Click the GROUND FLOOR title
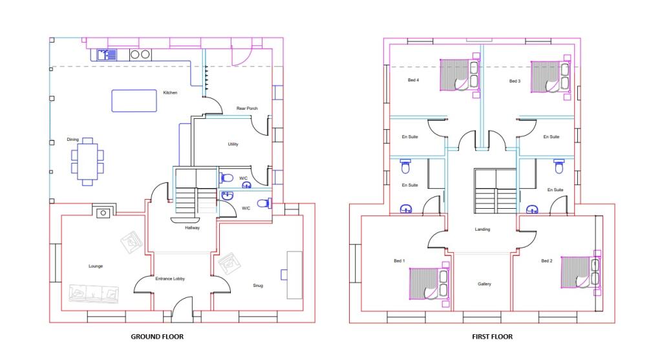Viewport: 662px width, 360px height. pos(157,337)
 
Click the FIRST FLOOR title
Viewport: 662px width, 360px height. pos(492,337)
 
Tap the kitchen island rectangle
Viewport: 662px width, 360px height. pos(134,101)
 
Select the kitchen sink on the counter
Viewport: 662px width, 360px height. pos(107,55)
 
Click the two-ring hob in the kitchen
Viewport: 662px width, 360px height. pos(140,55)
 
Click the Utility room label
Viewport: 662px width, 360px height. pos(233,144)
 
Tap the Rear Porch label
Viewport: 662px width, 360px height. pos(246,109)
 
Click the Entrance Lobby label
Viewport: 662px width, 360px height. pos(170,279)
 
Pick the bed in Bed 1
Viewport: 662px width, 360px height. pos(425,284)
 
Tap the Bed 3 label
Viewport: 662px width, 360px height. pos(515,81)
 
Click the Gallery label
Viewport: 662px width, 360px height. pos(484,284)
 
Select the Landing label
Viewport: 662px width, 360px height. pos(482,229)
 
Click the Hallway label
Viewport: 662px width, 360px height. pos(192,228)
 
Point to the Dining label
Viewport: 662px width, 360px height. pos(72,140)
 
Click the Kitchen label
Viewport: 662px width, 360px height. pos(170,93)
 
